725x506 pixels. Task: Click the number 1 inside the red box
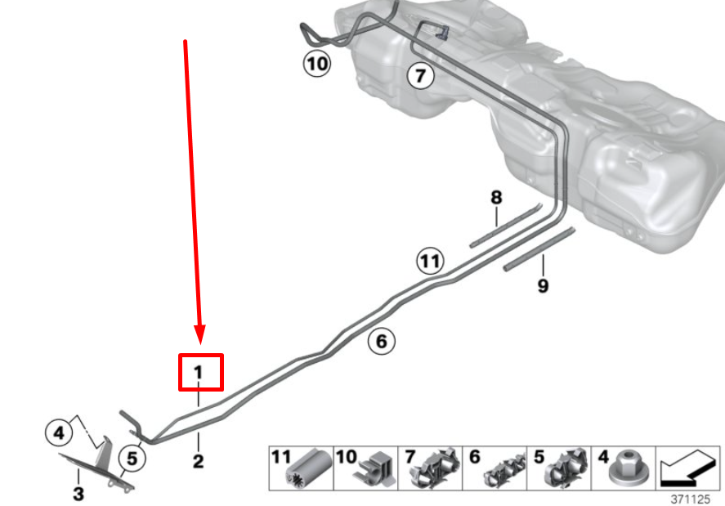coord(199,372)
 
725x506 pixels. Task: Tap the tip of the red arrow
coord(200,344)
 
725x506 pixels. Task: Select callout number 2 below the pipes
coord(199,461)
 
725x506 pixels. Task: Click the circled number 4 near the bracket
coord(59,433)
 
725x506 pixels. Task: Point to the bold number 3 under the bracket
coord(78,494)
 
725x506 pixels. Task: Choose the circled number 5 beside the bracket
coord(132,459)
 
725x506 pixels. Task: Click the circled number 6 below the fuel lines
coord(382,342)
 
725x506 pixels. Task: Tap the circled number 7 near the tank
coord(420,75)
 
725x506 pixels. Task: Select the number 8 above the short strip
coord(496,198)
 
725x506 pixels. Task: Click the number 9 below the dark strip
coord(544,286)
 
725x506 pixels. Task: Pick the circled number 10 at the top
coord(317,64)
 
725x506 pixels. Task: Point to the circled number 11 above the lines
coord(431,261)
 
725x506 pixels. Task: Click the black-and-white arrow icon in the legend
coord(688,469)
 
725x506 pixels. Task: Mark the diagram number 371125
coord(691,499)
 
